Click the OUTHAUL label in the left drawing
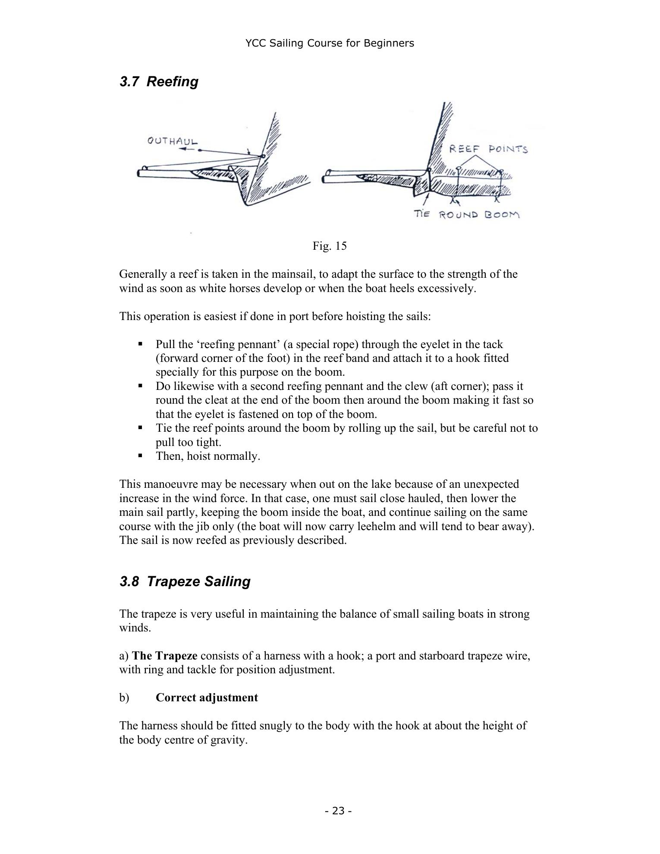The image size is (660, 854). click(x=173, y=141)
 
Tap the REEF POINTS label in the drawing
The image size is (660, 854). click(x=488, y=149)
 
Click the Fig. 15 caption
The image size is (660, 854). click(x=330, y=246)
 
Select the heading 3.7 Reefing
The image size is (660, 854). click(x=159, y=82)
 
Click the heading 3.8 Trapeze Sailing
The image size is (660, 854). click(x=185, y=581)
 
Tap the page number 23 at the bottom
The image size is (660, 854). click(x=339, y=811)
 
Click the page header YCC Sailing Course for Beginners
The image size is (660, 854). click(x=330, y=43)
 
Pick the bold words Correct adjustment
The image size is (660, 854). click(x=207, y=697)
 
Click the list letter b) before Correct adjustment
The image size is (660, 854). click(x=124, y=697)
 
